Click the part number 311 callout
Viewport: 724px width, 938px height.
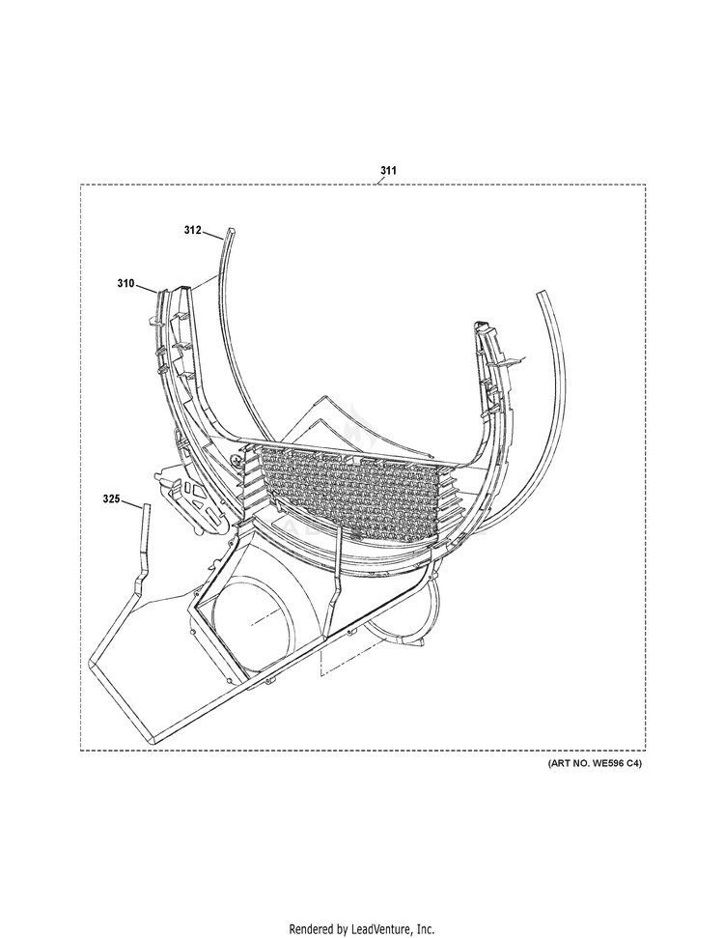387,171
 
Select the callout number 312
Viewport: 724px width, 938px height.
192,230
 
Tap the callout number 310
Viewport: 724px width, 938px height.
126,284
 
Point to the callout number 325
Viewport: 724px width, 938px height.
111,498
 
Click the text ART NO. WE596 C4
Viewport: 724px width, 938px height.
595,763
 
